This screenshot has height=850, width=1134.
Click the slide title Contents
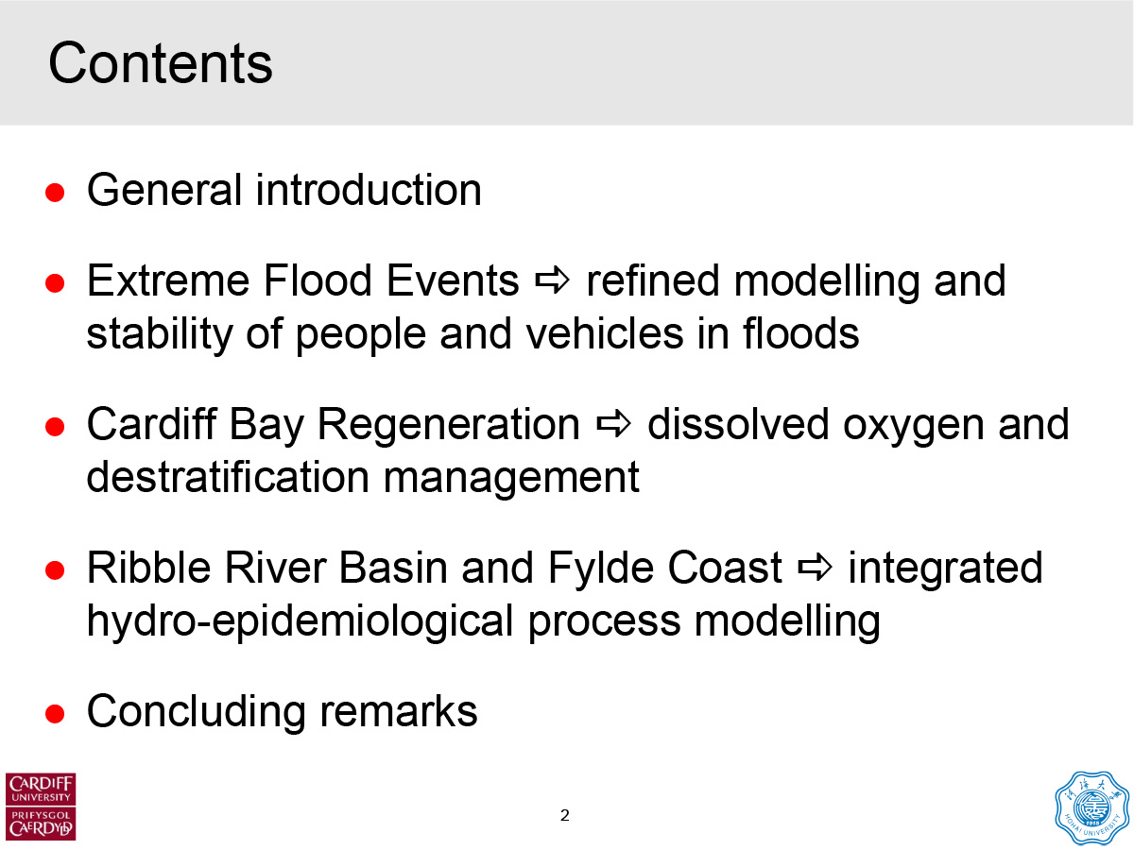pyautogui.click(x=160, y=63)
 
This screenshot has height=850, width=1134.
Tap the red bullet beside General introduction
pyautogui.click(x=55, y=193)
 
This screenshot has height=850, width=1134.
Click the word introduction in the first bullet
pyautogui.click(x=369, y=190)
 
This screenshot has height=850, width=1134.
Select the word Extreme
pyautogui.click(x=168, y=280)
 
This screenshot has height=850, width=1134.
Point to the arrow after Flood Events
pyautogui.click(x=552, y=280)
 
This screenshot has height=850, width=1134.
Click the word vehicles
pyautogui.click(x=605, y=333)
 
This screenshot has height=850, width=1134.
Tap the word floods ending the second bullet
pyautogui.click(x=800, y=333)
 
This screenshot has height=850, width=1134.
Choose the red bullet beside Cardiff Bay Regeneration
pyautogui.click(x=55, y=427)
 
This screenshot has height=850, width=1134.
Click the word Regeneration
pyautogui.click(x=449, y=425)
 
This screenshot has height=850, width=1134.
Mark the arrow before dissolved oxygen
pyautogui.click(x=613, y=424)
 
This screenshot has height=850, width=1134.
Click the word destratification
pyautogui.click(x=228, y=477)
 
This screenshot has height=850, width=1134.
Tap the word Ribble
pyautogui.click(x=148, y=568)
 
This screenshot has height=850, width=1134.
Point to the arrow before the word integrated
pyautogui.click(x=816, y=568)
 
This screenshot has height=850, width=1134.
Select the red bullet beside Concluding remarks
pyautogui.click(x=55, y=715)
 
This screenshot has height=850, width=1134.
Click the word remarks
pyautogui.click(x=399, y=712)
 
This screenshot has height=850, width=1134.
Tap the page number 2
pyautogui.click(x=565, y=815)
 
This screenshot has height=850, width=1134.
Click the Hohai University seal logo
pyautogui.click(x=1092, y=808)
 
